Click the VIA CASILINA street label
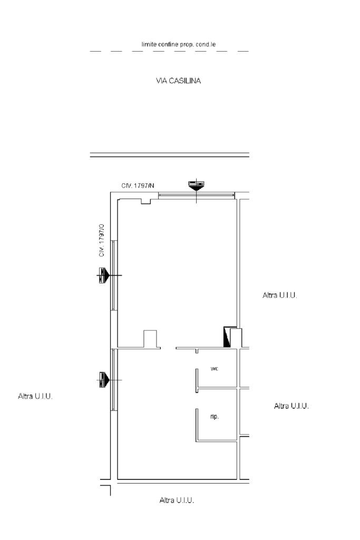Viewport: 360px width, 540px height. (x=178, y=81)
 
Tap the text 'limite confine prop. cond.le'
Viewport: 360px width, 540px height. (x=179, y=44)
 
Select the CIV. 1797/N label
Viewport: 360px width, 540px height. (x=138, y=185)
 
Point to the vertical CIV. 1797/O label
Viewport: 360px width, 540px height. (x=101, y=240)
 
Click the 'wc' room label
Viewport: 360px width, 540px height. (x=215, y=368)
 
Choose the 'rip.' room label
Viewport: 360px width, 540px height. (x=215, y=416)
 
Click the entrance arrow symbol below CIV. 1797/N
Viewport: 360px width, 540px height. (x=197, y=185)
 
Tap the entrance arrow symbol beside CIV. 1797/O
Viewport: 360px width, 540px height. (x=104, y=275)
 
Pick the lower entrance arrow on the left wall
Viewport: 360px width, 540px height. (x=104, y=380)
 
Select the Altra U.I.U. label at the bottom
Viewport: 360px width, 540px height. (x=177, y=500)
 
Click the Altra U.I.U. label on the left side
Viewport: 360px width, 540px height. (x=35, y=396)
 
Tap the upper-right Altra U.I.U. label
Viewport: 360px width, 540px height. (x=280, y=295)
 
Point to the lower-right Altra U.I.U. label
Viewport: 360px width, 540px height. (x=291, y=406)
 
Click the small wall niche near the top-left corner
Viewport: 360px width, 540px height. (x=146, y=201)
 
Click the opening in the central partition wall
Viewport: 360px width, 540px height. (x=169, y=348)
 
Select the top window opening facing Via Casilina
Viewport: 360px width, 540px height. (x=197, y=195)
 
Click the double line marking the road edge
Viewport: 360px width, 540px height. (x=170, y=155)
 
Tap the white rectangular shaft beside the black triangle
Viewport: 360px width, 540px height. (x=236, y=338)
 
